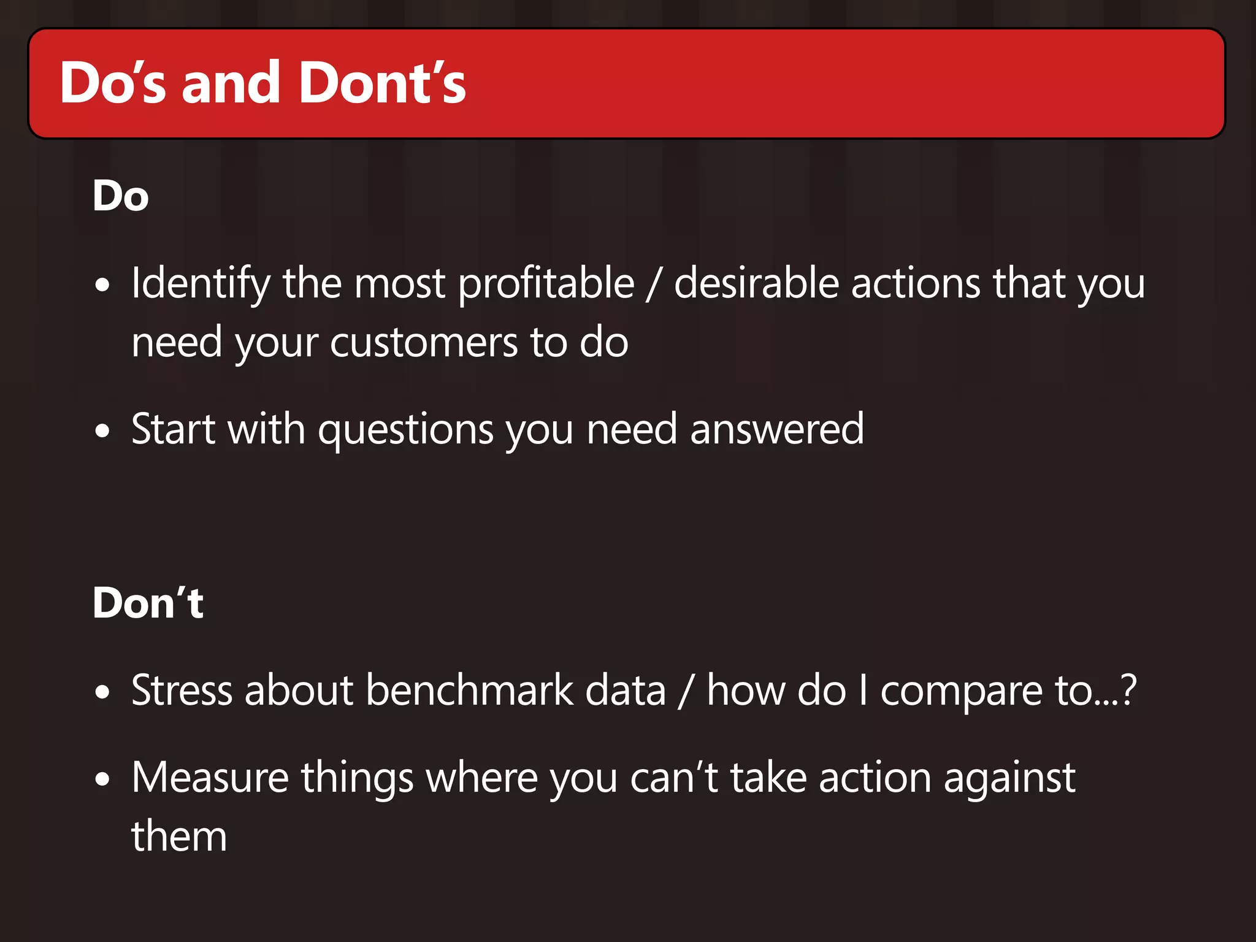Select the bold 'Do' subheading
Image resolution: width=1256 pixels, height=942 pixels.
[x=121, y=196]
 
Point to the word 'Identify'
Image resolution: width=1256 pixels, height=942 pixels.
[x=201, y=283]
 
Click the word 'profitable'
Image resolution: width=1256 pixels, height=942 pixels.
[x=546, y=283]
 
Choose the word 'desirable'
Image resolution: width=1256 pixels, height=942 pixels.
[x=756, y=283]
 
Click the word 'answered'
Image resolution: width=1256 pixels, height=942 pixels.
[x=777, y=429]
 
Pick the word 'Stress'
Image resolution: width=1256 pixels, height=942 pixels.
[x=182, y=690]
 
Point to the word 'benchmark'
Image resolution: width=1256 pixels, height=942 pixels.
[x=469, y=690]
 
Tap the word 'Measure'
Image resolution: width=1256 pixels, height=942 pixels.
[x=210, y=777]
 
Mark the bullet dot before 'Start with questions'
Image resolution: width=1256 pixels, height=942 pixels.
[x=102, y=431]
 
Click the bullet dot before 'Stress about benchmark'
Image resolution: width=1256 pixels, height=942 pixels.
[x=102, y=692]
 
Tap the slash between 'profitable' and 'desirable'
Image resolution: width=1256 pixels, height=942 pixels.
[x=654, y=285]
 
